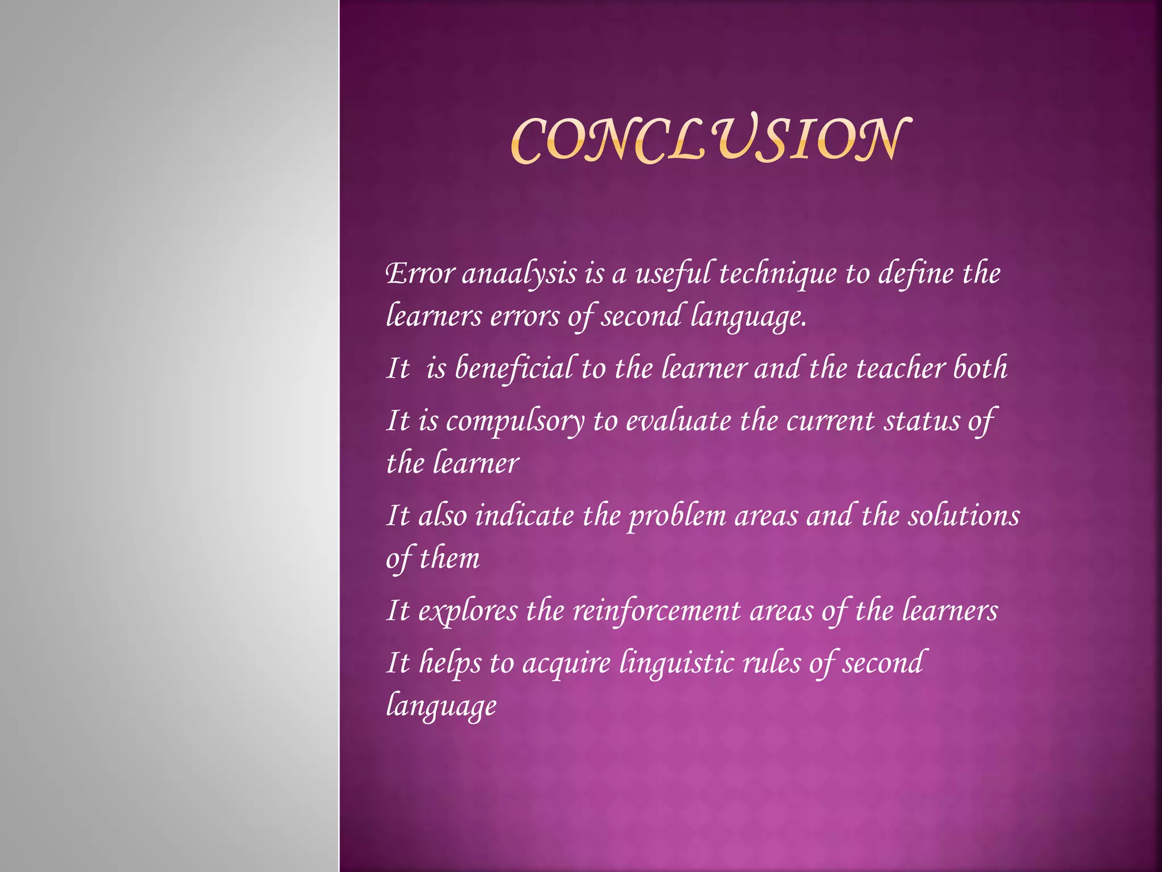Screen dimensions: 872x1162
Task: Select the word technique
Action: click(x=777, y=274)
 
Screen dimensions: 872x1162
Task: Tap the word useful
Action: click(x=673, y=274)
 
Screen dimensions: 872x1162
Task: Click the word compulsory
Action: click(x=515, y=422)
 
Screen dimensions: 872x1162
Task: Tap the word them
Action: click(x=449, y=558)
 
